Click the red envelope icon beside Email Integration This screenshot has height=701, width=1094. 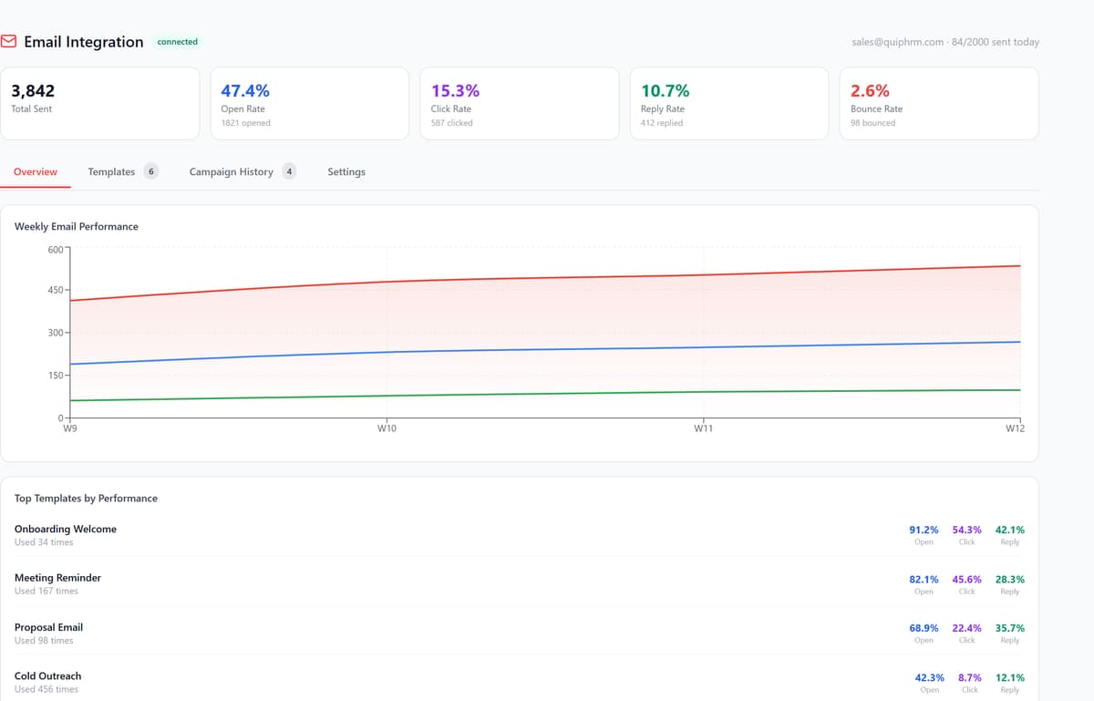click(8, 42)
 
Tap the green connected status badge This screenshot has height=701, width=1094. click(177, 42)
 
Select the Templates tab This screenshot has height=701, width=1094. click(111, 171)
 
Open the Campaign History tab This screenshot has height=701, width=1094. click(231, 172)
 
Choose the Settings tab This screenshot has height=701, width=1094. click(346, 172)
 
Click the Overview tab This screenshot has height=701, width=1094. click(36, 171)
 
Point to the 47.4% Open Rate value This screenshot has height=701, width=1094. click(245, 91)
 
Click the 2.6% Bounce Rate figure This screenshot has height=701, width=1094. click(870, 91)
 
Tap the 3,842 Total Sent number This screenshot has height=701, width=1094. click(33, 91)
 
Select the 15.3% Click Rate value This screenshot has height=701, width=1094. click(455, 91)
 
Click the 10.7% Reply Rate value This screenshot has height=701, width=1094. click(666, 91)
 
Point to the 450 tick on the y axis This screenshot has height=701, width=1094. click(56, 290)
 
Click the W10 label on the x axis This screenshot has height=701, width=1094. click(387, 428)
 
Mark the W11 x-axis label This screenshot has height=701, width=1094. click(703, 428)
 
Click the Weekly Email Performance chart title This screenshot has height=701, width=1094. click(77, 226)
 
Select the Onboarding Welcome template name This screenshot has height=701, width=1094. click(66, 529)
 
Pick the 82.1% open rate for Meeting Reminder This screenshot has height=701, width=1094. click(924, 580)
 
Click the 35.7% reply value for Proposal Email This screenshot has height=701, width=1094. click(1010, 628)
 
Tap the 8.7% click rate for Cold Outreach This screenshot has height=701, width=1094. click(969, 677)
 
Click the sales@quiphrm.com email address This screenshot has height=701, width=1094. click(898, 42)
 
